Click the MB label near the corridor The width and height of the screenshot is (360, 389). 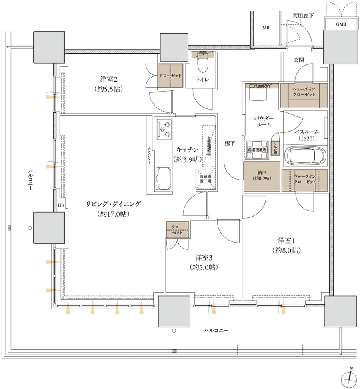266,28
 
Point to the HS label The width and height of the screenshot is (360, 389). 61,205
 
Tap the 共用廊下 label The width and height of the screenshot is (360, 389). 303,16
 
